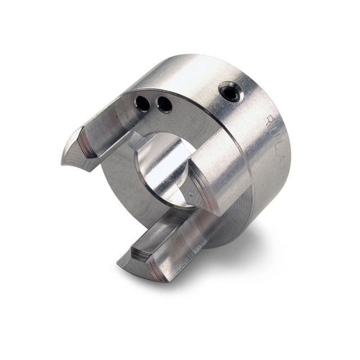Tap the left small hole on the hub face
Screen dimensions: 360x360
[143, 103]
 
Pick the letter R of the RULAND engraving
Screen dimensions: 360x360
[271, 119]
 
